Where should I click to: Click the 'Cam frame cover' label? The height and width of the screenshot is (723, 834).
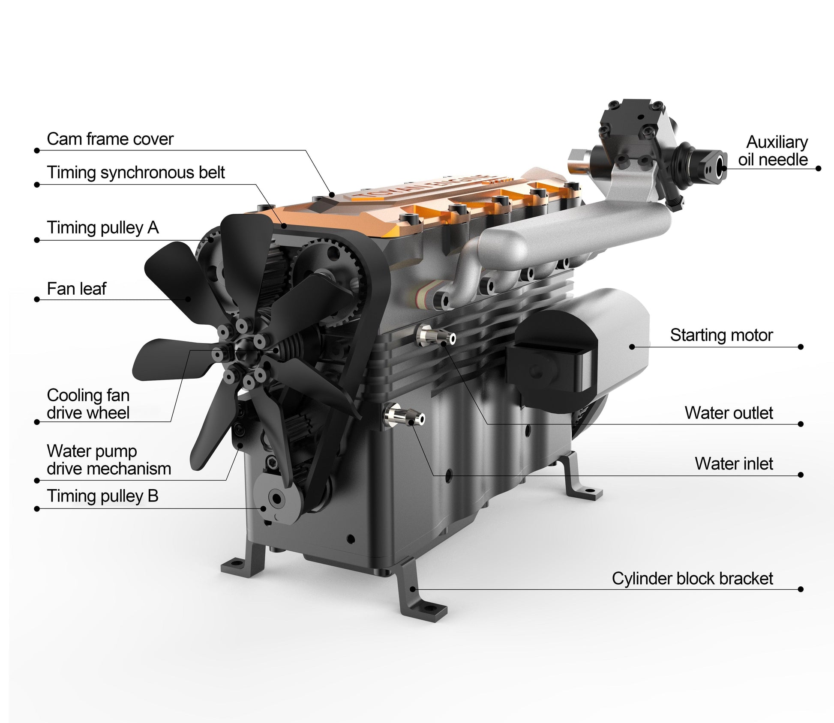110,139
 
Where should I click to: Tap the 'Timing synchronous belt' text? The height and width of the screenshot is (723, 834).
135,173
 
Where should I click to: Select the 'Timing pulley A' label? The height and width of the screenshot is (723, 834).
102,227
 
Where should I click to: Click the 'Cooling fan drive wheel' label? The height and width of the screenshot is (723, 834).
88,403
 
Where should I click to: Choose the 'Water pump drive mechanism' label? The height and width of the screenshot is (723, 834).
108,460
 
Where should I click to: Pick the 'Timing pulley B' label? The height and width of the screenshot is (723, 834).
102,496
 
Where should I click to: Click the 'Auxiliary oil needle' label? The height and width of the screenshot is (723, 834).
772,150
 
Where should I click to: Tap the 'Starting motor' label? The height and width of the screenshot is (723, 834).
721,335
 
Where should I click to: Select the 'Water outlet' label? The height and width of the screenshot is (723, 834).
728,413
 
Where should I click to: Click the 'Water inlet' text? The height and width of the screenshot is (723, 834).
733,463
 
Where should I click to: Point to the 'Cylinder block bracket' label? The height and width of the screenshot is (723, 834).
692,578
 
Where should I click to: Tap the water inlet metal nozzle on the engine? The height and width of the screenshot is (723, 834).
405,415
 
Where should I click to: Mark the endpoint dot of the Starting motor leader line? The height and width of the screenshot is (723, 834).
801,347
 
